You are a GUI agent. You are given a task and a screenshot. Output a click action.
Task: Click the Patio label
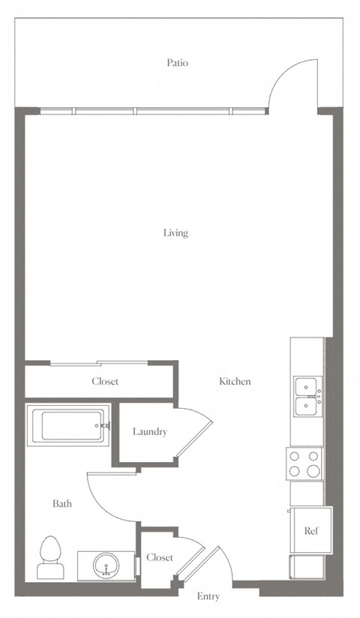[177, 63]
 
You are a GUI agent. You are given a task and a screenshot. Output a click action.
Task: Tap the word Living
[175, 233]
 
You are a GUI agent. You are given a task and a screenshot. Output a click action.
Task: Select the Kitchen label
[235, 381]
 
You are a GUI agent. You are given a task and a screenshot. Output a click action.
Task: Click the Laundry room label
[150, 431]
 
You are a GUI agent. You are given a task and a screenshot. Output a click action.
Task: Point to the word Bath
[62, 503]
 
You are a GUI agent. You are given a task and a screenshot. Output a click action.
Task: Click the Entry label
[208, 597]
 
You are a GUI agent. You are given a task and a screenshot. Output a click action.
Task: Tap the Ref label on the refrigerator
[310, 530]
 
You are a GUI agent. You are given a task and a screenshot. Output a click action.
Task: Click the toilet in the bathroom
[49, 557]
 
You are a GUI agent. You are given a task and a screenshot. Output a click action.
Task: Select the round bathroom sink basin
[106, 565]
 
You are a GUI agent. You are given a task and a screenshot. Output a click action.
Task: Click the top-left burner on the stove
[294, 456]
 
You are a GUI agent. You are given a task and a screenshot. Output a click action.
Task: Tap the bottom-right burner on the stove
[313, 471]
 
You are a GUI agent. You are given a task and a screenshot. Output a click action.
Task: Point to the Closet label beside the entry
[160, 557]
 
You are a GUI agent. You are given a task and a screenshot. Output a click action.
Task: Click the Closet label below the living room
[105, 381]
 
